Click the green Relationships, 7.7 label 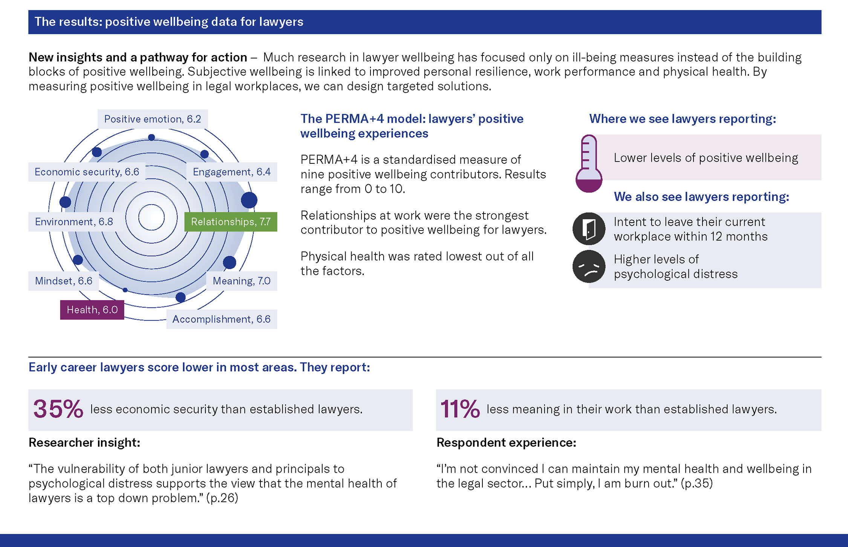tap(231, 222)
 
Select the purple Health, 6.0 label tap(92, 310)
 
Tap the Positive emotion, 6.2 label tap(153, 119)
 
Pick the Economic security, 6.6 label tap(87, 172)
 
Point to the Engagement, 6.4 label tap(232, 172)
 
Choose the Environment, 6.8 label tap(74, 222)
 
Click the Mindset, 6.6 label tap(64, 281)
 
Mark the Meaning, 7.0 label tap(242, 281)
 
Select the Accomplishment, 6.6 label tap(222, 319)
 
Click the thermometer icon tap(589, 163)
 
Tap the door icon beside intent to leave tap(589, 229)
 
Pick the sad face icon tap(589, 266)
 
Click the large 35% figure tap(58, 409)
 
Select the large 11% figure tap(460, 409)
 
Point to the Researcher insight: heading tap(84, 443)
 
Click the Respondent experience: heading tap(506, 443)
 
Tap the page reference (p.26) tap(222, 498)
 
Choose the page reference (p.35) tap(697, 483)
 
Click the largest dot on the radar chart tap(249, 200)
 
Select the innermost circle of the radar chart tap(152, 217)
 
